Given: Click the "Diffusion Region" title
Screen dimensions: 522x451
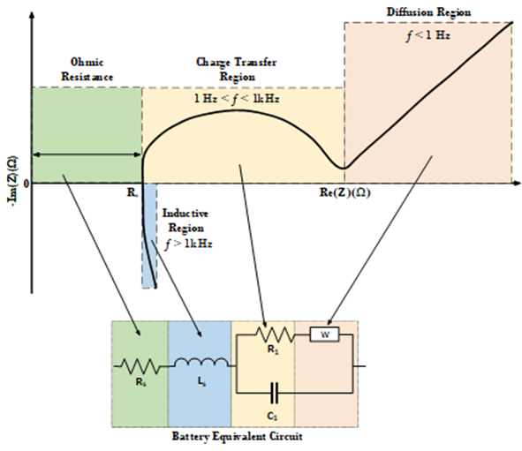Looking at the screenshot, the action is click(x=428, y=12).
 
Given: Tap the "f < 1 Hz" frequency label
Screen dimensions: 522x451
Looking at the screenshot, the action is click(x=428, y=35).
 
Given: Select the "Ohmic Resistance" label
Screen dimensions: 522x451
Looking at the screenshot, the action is click(x=87, y=69).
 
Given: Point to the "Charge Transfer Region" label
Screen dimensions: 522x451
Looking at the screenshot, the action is click(x=237, y=69).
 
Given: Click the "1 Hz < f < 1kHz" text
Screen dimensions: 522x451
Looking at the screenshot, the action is click(x=237, y=99).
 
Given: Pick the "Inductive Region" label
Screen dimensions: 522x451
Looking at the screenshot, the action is click(x=185, y=221).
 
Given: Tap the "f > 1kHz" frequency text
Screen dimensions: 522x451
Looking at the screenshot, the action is click(x=188, y=244).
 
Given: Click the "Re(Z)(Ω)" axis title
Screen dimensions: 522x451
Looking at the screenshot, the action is click(x=344, y=192).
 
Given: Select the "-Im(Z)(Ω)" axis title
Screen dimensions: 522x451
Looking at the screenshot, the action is click(x=12, y=179).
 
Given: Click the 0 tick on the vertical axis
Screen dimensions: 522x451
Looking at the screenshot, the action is click(x=26, y=184).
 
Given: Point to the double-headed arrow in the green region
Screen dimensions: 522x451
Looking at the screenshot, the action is click(x=87, y=154).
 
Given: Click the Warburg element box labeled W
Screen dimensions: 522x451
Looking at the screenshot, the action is click(x=324, y=334).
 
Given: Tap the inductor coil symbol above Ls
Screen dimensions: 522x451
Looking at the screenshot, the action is click(x=202, y=363).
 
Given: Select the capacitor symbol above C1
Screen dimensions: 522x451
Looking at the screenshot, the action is click(x=274, y=393).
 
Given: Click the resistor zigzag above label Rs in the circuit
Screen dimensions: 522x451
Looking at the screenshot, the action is click(x=140, y=366).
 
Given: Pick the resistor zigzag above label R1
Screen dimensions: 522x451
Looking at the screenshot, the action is click(x=275, y=334).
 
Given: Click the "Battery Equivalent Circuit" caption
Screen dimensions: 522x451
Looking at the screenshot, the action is click(x=237, y=436).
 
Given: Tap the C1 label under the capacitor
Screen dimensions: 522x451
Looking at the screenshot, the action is click(x=272, y=416).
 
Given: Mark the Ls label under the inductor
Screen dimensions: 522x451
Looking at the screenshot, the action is click(x=201, y=382).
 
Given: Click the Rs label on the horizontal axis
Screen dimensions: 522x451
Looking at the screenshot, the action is click(x=132, y=193).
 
